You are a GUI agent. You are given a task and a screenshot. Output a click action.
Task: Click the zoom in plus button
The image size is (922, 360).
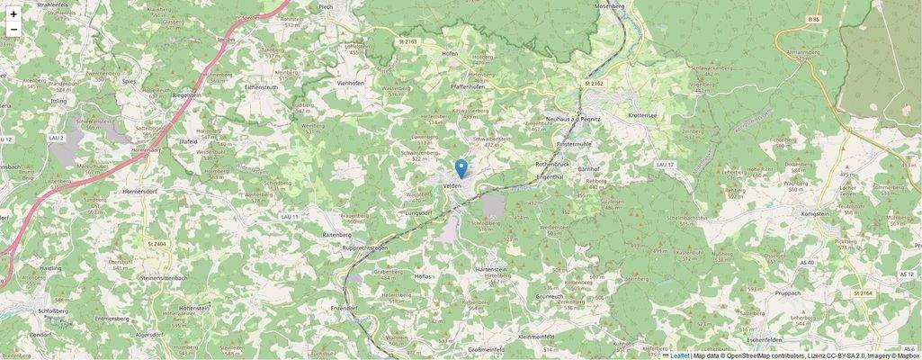tap(13, 13)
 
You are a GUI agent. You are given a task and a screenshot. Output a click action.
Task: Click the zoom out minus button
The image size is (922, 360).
tap(13, 30)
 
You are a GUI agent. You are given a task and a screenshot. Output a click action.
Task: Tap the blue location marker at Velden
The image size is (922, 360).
tap(461, 168)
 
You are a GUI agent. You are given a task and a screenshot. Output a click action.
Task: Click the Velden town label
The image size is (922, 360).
tap(452, 184)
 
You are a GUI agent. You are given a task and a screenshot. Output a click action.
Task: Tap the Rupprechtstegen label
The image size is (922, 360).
tap(354, 247)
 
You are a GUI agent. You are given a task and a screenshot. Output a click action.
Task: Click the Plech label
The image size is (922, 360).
tap(326, 6)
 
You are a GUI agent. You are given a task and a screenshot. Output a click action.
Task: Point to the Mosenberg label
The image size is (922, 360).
tap(609, 6)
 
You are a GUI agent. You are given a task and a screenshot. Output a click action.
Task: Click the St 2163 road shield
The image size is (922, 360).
tap(408, 41)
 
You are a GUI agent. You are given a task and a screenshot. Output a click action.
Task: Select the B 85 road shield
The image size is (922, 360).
tap(814, 19)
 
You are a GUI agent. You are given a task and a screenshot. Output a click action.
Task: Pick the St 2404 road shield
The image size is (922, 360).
tap(157, 244)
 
